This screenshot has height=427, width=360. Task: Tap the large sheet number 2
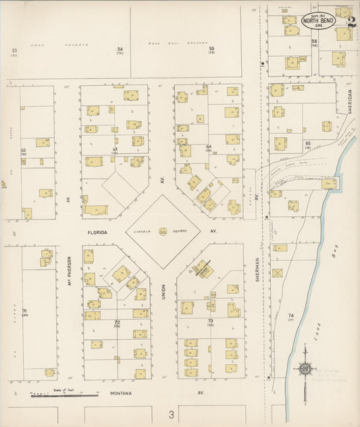click(x=351, y=20)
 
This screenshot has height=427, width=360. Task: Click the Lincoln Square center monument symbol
click(x=163, y=231)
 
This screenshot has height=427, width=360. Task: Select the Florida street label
click(x=98, y=231)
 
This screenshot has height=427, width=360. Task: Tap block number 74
click(x=291, y=316)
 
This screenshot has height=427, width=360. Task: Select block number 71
click(x=24, y=311)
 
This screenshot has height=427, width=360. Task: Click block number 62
click(x=23, y=151)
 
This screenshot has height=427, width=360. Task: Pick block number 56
click(x=314, y=42)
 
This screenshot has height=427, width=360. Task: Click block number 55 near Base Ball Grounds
click(x=211, y=49)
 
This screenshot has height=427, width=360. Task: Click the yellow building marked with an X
click(x=278, y=273)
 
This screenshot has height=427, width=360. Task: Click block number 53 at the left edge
click(x=14, y=51)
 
